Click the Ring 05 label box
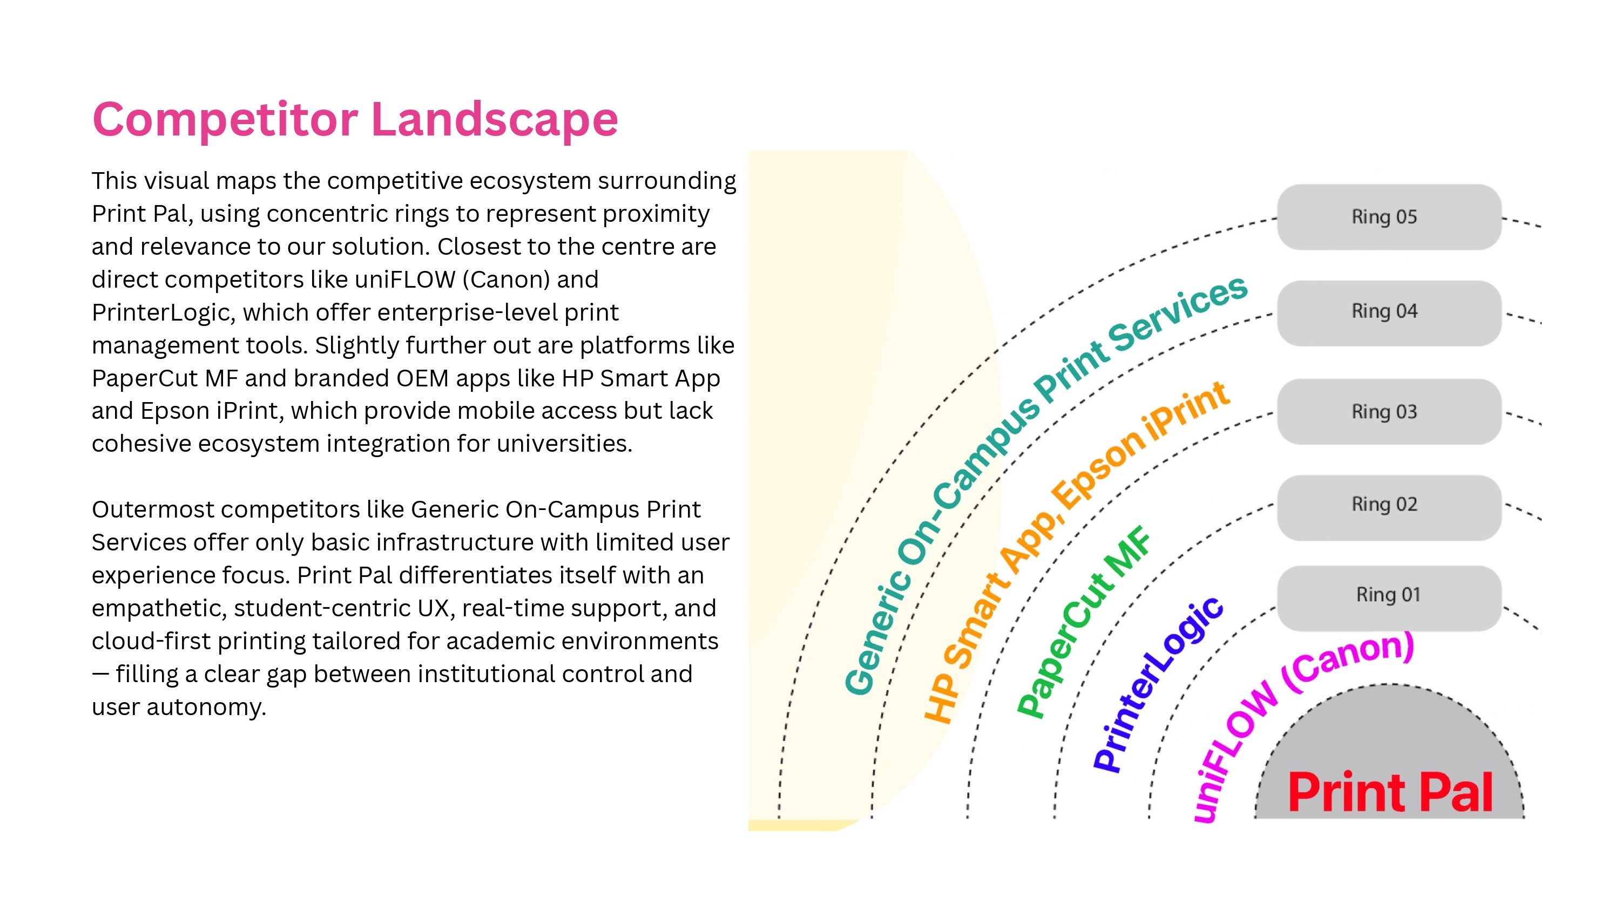pyautogui.click(x=1388, y=217)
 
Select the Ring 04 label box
pyautogui.click(x=1388, y=312)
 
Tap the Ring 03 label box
pyautogui.click(x=1388, y=412)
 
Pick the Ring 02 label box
pyautogui.click(x=1388, y=507)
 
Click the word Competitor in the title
pyautogui.click(x=225, y=119)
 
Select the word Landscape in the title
pyautogui.click(x=494, y=119)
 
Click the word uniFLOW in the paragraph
pyautogui.click(x=405, y=279)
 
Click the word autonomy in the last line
pyautogui.click(x=206, y=708)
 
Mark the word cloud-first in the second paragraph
pyautogui.click(x=151, y=641)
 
